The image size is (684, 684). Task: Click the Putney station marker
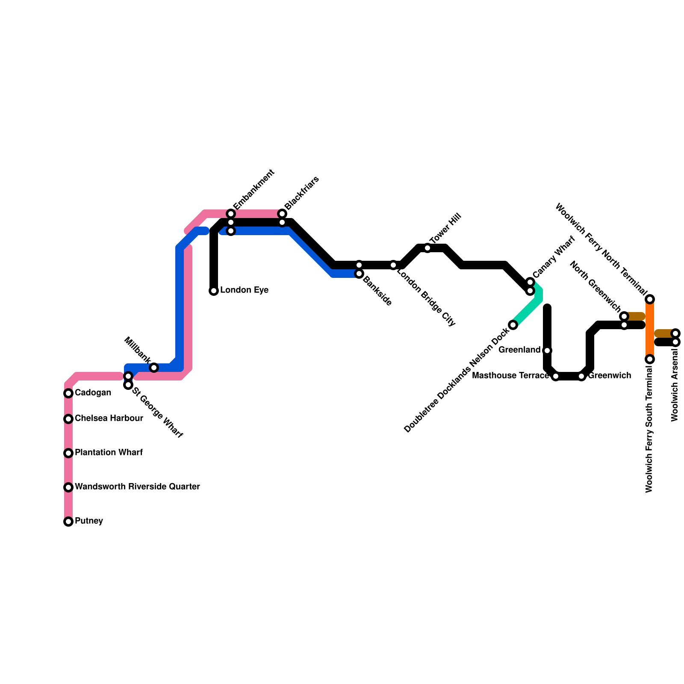(x=68, y=522)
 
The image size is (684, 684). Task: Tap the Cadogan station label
(x=93, y=393)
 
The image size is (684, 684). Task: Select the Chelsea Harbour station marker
(x=68, y=419)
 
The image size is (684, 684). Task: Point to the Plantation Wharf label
(x=109, y=453)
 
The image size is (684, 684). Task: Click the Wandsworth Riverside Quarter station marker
(x=68, y=487)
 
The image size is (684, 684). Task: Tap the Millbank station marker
(x=154, y=368)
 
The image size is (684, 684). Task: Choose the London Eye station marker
(x=214, y=291)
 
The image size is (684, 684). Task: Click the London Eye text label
(x=244, y=290)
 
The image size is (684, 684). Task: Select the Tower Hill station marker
(x=427, y=248)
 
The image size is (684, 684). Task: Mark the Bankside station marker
(x=359, y=274)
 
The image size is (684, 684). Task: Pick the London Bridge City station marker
(x=393, y=265)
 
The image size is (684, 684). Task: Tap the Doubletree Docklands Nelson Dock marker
(x=513, y=325)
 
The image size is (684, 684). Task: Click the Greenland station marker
(x=547, y=351)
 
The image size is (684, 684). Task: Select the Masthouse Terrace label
(x=510, y=376)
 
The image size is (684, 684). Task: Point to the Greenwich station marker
(x=581, y=376)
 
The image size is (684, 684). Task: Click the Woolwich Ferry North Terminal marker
(x=650, y=299)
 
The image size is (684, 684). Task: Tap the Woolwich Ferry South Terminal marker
(x=650, y=359)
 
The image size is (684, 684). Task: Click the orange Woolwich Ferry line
(x=650, y=329)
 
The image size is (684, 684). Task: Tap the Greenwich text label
(x=610, y=376)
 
